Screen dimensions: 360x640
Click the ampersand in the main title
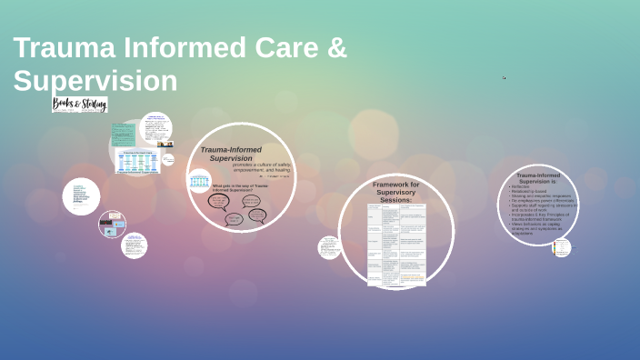337,48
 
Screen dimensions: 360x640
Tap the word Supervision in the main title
95,80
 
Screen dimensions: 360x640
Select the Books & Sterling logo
80,105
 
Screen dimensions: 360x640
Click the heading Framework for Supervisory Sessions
396,192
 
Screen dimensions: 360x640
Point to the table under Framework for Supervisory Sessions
396,245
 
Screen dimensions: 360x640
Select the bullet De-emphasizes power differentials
541,200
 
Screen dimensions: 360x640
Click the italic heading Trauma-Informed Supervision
231,154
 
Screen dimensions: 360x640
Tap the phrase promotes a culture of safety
264,165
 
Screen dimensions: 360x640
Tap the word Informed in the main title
172,48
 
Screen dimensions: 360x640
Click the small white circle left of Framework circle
329,246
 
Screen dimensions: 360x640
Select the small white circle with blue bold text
82,196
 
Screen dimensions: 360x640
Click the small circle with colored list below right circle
562,246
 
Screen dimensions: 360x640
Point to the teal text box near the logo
122,135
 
